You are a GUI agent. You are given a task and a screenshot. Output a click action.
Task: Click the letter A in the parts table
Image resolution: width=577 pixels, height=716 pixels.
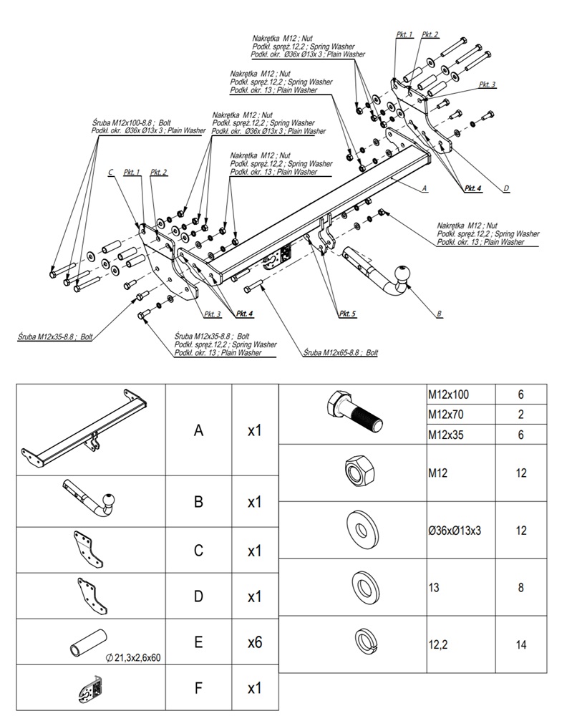pos(198,430)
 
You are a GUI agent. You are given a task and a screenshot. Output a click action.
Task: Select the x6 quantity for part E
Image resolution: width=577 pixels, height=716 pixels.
pos(254,642)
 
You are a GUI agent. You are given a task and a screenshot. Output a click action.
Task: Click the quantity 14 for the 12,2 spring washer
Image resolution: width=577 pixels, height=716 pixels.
pos(520,644)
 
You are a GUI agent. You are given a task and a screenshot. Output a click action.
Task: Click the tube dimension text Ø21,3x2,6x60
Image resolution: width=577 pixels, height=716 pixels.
pos(135,657)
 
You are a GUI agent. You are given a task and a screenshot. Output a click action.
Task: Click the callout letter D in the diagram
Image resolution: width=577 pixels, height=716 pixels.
pos(505,188)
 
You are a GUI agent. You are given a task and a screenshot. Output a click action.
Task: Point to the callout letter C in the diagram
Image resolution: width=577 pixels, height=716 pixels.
pos(110,173)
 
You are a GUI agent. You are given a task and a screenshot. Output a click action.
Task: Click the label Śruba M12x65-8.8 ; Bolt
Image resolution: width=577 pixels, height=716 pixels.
pos(339,353)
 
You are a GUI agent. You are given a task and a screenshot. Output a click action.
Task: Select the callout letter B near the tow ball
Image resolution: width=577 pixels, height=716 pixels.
pos(439,314)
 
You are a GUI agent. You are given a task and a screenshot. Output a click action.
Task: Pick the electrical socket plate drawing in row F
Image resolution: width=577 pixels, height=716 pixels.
pos(90,689)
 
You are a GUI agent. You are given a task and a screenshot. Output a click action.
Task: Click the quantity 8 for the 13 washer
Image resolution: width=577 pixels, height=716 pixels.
pos(520,588)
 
